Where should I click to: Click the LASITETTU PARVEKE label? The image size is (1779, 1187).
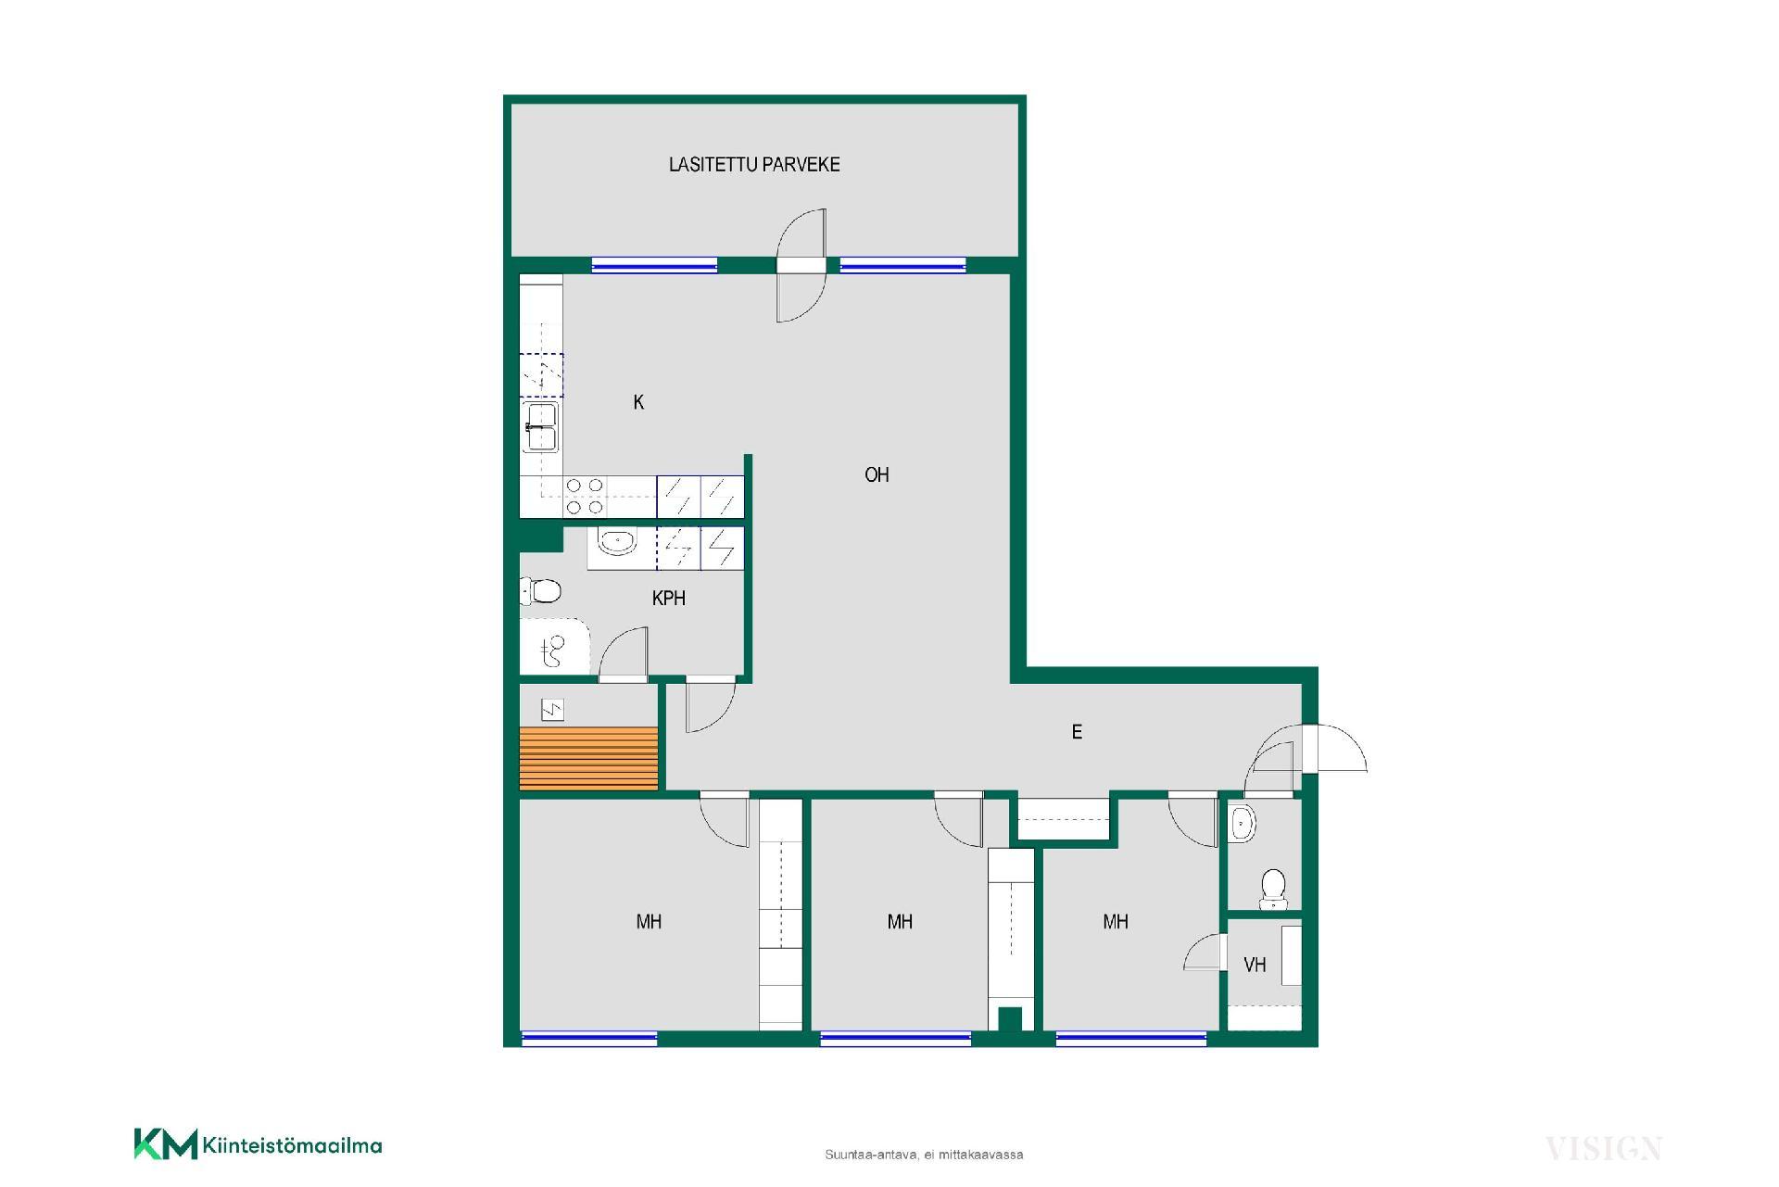point(754,165)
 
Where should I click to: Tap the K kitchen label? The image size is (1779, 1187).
point(638,402)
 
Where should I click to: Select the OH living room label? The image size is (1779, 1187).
point(877,475)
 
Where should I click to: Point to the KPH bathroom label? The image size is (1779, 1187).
point(669,599)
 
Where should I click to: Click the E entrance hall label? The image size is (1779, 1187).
point(1077,732)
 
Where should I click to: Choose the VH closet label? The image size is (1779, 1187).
point(1255,966)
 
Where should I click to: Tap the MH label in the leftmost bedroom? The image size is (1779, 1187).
point(649,922)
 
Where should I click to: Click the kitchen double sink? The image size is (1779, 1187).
point(541,427)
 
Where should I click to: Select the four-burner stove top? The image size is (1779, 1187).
point(585,496)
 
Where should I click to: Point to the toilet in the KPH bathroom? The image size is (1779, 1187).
point(541,590)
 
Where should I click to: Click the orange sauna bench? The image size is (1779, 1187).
point(588,759)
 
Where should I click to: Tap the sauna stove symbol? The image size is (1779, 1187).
point(552,711)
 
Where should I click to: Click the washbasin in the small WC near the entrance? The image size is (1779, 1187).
point(1243,823)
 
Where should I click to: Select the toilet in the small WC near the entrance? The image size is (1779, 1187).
point(1273,888)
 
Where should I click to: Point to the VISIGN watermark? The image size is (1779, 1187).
point(1604,1149)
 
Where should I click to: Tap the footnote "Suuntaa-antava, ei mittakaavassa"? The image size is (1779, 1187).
point(924,1155)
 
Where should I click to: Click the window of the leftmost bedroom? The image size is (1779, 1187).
point(589,1039)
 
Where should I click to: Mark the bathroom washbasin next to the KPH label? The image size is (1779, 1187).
point(616,541)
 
